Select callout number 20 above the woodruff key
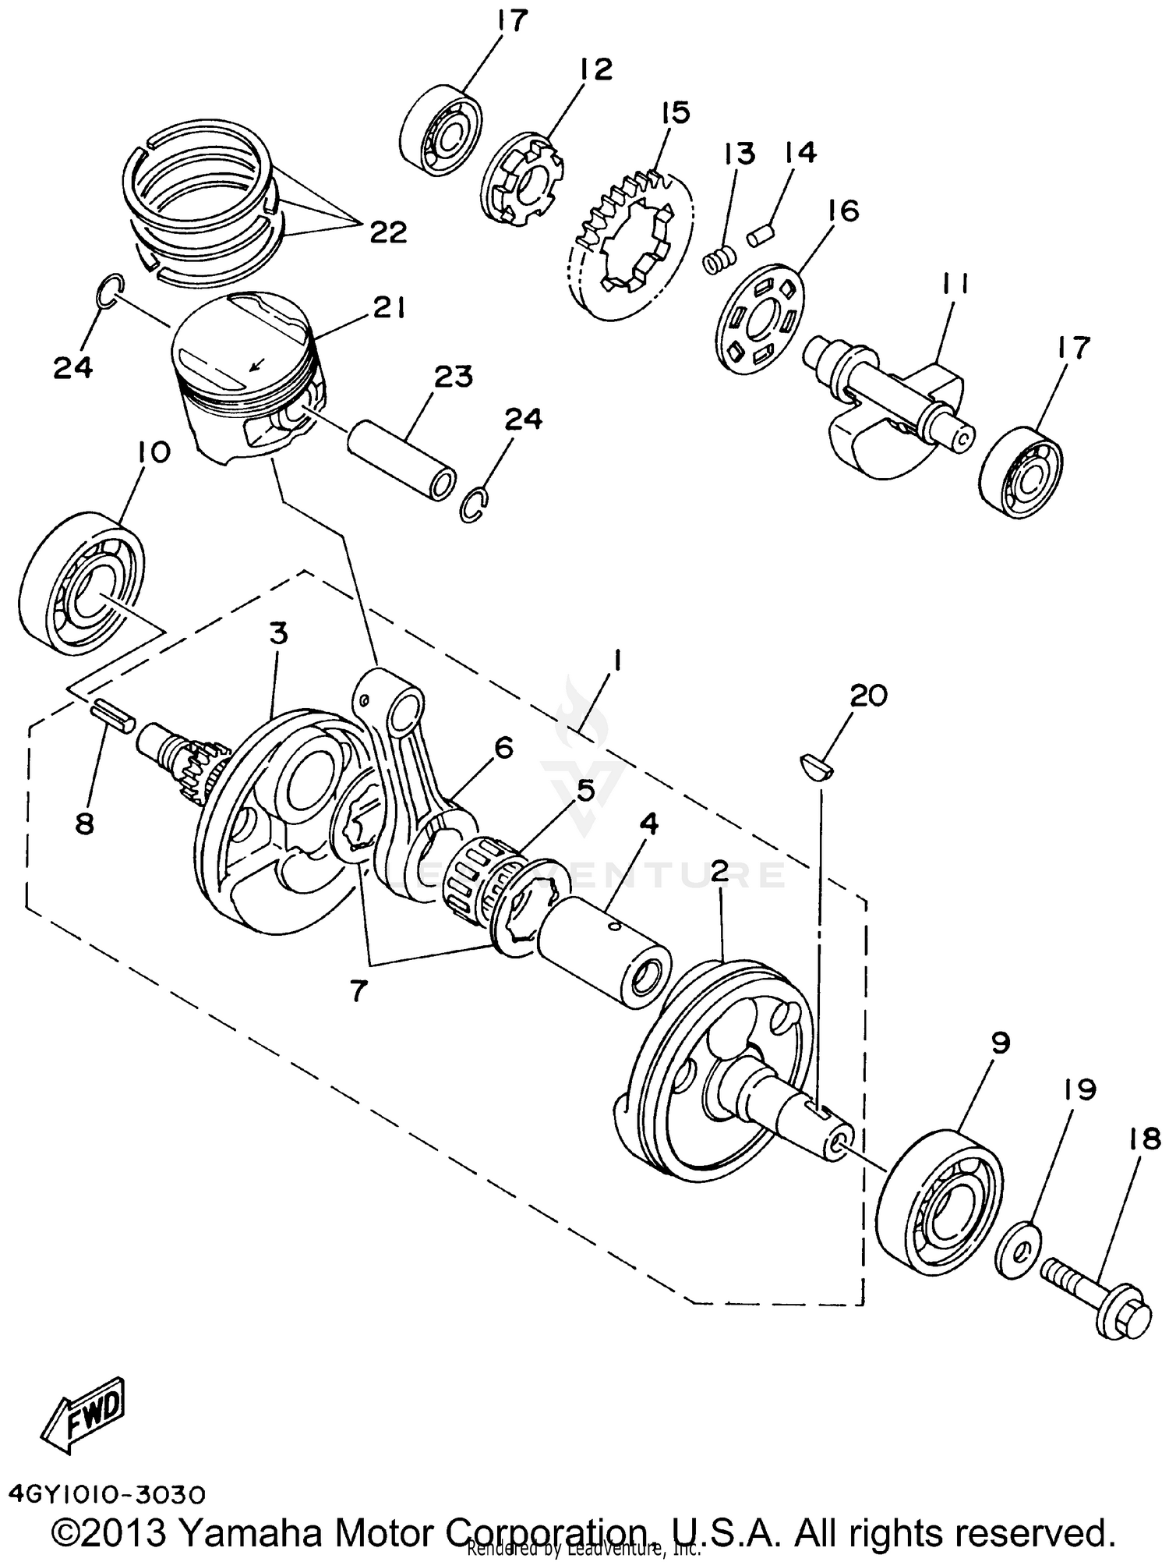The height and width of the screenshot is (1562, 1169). point(867,695)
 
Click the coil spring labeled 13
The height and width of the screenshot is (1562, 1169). point(719,260)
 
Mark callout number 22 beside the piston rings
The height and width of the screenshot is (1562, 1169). point(387,232)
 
